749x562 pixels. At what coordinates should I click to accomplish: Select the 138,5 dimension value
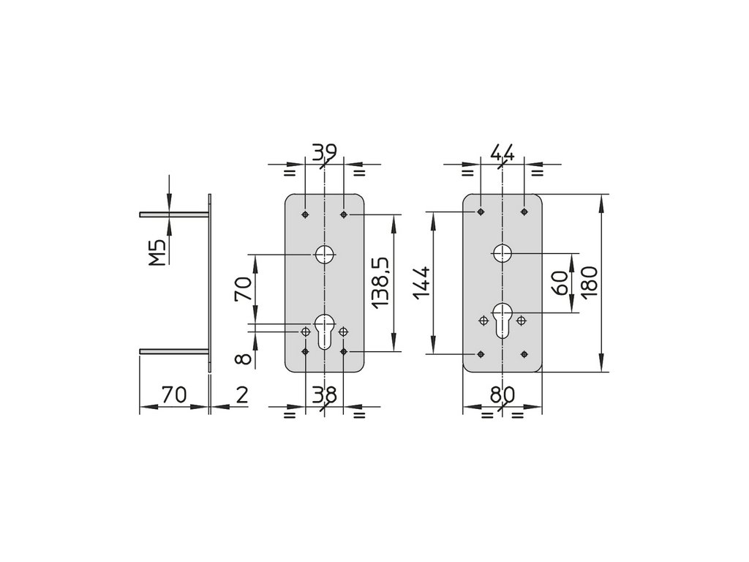point(380,282)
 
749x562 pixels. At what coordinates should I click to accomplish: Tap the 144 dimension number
point(421,283)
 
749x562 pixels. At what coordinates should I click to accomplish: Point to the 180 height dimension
point(590,282)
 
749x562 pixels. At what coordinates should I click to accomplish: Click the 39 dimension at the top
point(323,152)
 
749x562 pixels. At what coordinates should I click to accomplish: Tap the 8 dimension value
point(243,358)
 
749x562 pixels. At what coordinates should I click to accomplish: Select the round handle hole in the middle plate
point(324,254)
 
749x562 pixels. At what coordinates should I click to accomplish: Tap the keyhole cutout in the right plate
point(502,318)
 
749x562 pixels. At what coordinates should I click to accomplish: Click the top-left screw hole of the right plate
point(480,211)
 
